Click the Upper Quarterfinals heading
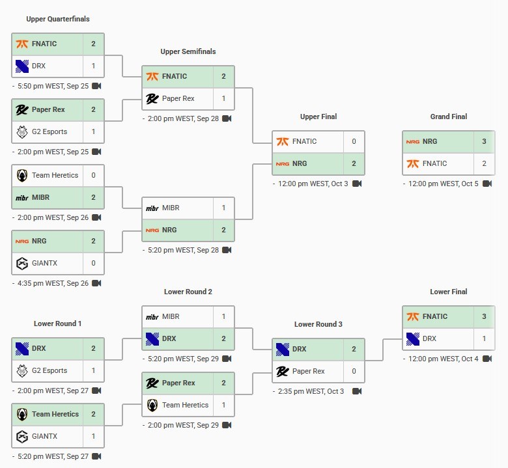58,19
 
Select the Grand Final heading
449,117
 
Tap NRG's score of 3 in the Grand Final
484,141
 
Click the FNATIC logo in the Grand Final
412,163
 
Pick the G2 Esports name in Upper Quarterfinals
49,131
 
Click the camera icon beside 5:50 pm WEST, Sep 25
96,86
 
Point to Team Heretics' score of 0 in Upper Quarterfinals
93,175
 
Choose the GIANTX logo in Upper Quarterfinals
21,263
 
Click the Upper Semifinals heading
188,51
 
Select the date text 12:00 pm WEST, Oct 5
443,184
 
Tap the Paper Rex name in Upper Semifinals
178,98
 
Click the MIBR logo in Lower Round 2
152,317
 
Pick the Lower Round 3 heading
318,324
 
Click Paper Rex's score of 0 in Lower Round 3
354,371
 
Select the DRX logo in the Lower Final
412,338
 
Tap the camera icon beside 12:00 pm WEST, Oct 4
487,359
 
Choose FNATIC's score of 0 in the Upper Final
354,141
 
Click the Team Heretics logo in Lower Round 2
152,405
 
